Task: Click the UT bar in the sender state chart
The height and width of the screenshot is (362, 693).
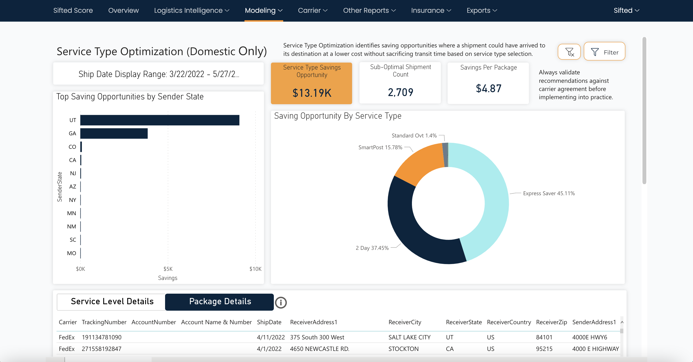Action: pyautogui.click(x=160, y=120)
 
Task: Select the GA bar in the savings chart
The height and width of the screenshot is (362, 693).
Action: pyautogui.click(x=114, y=134)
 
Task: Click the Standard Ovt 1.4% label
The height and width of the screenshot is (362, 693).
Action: pyautogui.click(x=414, y=136)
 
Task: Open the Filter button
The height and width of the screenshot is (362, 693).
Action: pyautogui.click(x=604, y=52)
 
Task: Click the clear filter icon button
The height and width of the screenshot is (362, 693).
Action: pyautogui.click(x=569, y=52)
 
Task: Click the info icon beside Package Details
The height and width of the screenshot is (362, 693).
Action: pyautogui.click(x=281, y=303)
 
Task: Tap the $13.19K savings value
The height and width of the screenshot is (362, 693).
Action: pyautogui.click(x=312, y=93)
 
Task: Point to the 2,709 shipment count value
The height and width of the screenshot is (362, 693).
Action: pyautogui.click(x=400, y=92)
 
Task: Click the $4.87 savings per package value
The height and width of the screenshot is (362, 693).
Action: pyautogui.click(x=488, y=89)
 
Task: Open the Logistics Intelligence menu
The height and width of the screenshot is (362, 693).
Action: pyautogui.click(x=191, y=11)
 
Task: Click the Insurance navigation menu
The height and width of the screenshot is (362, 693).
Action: pyautogui.click(x=431, y=11)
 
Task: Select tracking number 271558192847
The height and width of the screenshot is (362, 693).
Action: pyautogui.click(x=101, y=349)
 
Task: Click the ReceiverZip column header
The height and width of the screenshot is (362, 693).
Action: pyautogui.click(x=551, y=322)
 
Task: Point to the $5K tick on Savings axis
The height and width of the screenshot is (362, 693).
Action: pyautogui.click(x=168, y=269)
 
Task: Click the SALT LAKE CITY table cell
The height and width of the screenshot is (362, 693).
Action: pyautogui.click(x=409, y=337)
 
